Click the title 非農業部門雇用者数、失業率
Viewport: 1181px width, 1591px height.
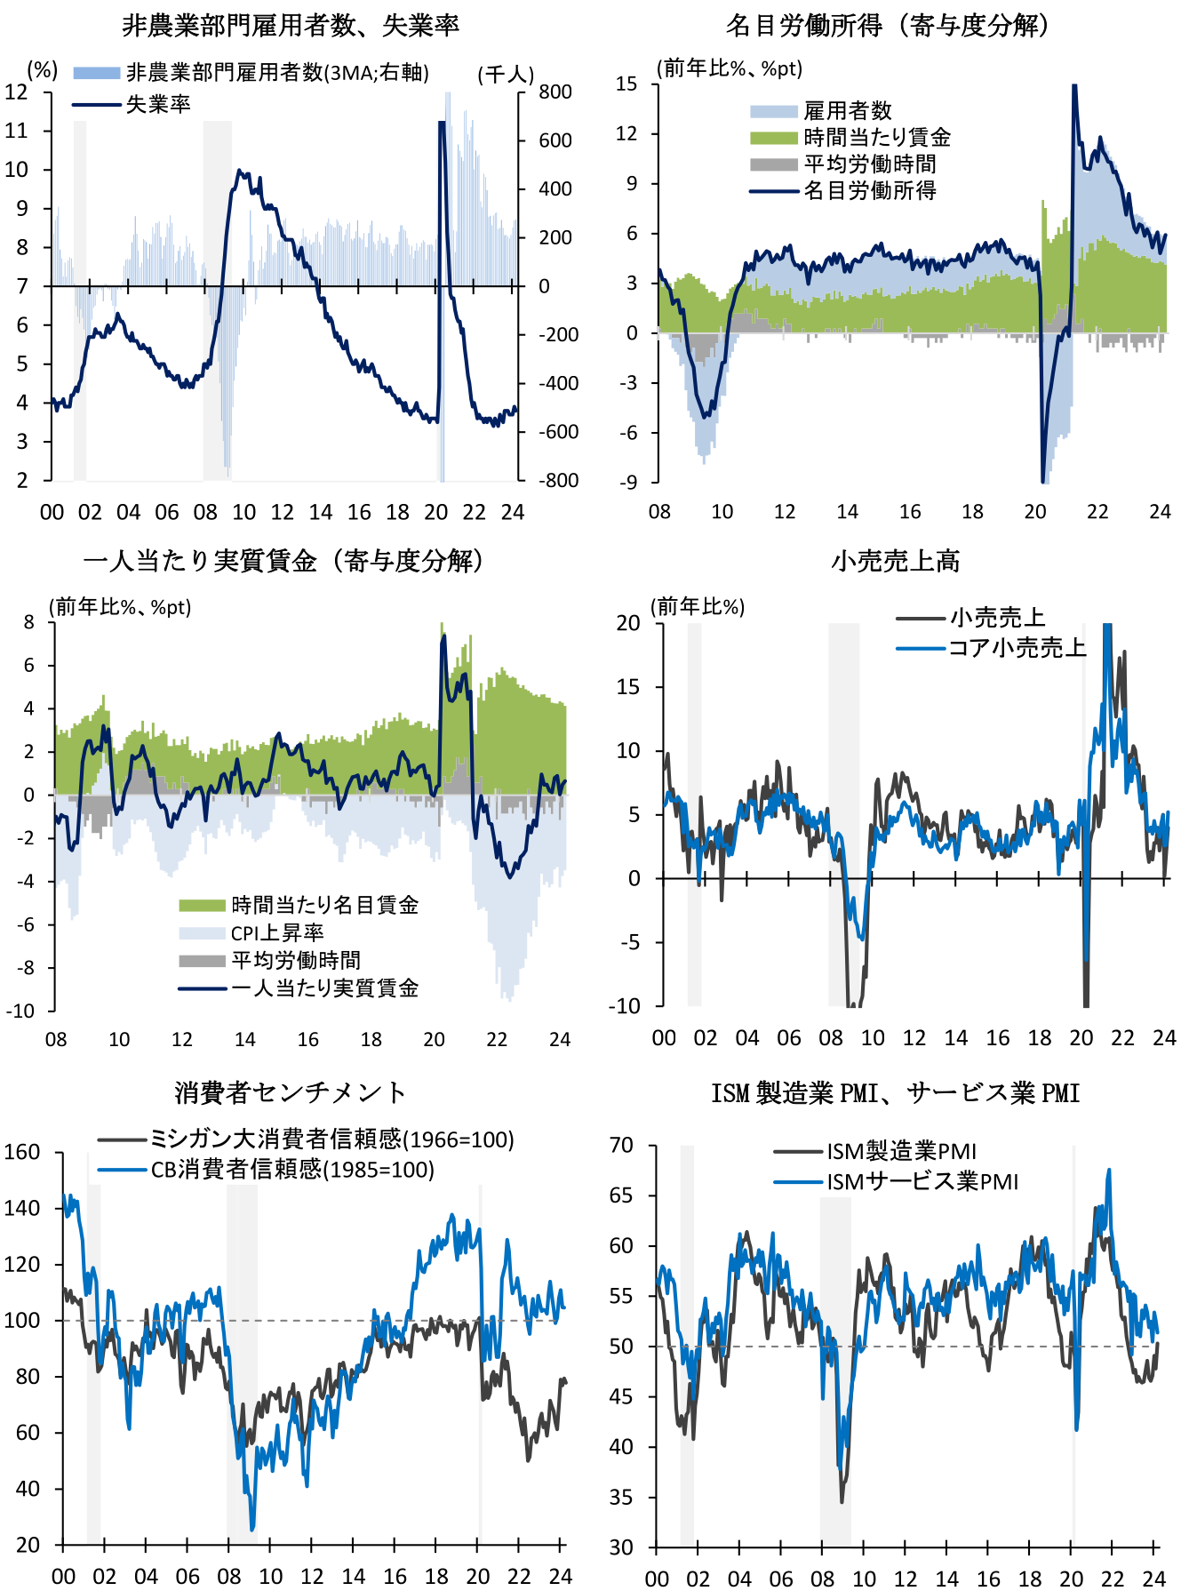[291, 26]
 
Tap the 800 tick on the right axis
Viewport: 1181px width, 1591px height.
[555, 92]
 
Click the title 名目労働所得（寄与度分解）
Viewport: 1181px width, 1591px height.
[889, 26]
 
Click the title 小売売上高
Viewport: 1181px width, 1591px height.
[896, 561]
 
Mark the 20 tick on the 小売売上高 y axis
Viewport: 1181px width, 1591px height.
[628, 623]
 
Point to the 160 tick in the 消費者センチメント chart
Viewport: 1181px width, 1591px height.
[22, 1152]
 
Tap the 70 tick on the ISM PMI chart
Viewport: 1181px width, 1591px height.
[621, 1145]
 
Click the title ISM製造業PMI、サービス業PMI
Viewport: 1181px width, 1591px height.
[896, 1092]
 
